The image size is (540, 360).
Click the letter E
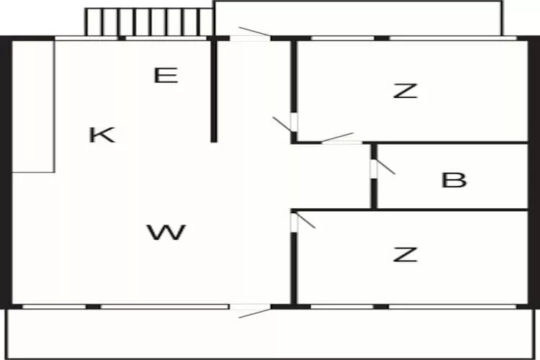tap(166, 76)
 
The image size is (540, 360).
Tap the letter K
tap(102, 135)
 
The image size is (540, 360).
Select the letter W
tap(167, 232)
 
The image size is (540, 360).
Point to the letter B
tap(454, 180)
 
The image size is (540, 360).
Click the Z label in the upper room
tap(405, 91)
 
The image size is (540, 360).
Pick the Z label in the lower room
tap(405, 254)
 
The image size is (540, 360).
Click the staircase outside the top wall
tap(149, 22)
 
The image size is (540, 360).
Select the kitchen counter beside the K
tap(33, 107)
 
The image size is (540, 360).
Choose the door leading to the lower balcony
tap(251, 310)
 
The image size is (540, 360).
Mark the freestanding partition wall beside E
tap(214, 90)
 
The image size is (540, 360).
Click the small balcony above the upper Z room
tap(358, 18)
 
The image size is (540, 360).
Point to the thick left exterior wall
tap(6, 172)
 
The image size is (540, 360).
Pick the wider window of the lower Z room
tap(453, 306)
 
